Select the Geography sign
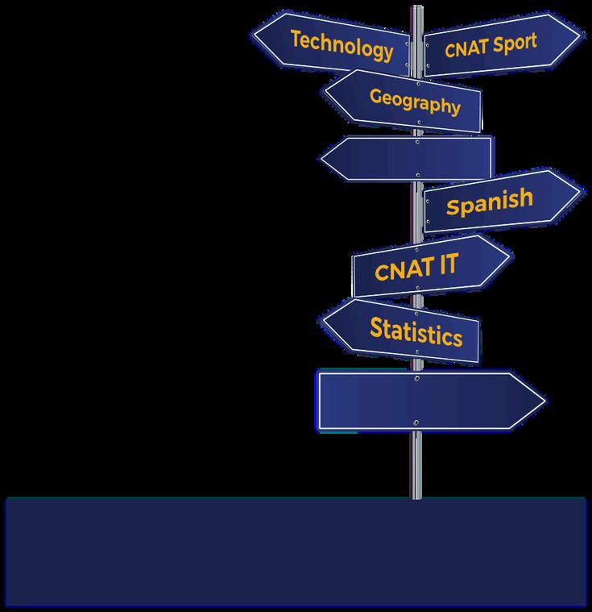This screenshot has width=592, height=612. pyautogui.click(x=411, y=101)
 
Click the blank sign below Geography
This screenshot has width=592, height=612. pyautogui.click(x=411, y=158)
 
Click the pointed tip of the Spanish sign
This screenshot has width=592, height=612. pyautogui.click(x=578, y=193)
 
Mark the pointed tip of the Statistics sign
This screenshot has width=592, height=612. pyautogui.click(x=325, y=318)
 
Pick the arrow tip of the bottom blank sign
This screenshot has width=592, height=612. pyautogui.click(x=544, y=400)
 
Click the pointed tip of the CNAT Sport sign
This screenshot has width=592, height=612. pyautogui.click(x=579, y=35)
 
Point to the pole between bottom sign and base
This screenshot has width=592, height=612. pyautogui.click(x=416, y=464)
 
